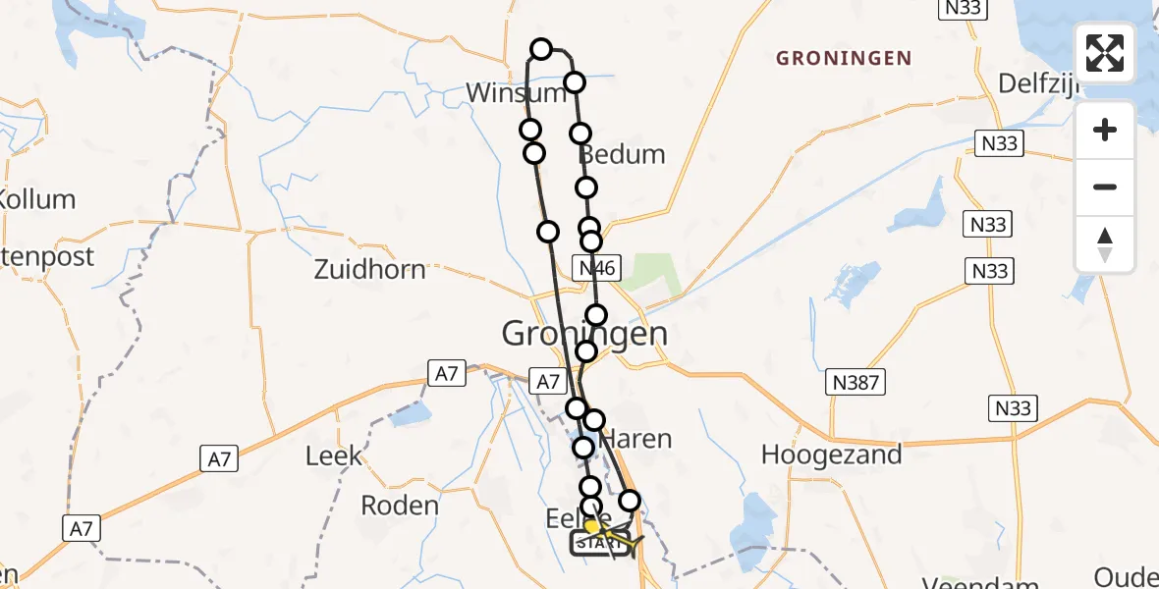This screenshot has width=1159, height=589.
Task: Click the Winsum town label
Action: [x=516, y=93]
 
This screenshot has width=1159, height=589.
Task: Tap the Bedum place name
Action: [x=622, y=154]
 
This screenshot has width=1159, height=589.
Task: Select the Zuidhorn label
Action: [x=369, y=269]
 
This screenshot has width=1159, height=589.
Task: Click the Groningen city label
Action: [x=584, y=334]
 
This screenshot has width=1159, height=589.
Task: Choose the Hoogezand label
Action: [x=832, y=455]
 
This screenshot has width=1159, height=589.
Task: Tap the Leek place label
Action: [x=334, y=455]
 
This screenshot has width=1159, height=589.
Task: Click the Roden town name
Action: [x=400, y=506]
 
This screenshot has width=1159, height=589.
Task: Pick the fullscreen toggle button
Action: [x=1105, y=53]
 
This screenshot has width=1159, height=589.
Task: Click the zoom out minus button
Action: [x=1105, y=187]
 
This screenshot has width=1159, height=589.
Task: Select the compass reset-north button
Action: [x=1105, y=243]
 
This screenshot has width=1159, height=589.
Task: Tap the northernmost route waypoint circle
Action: [x=541, y=49]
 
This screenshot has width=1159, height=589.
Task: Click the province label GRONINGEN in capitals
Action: [x=844, y=59]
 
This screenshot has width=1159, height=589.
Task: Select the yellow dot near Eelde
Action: [x=591, y=527]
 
